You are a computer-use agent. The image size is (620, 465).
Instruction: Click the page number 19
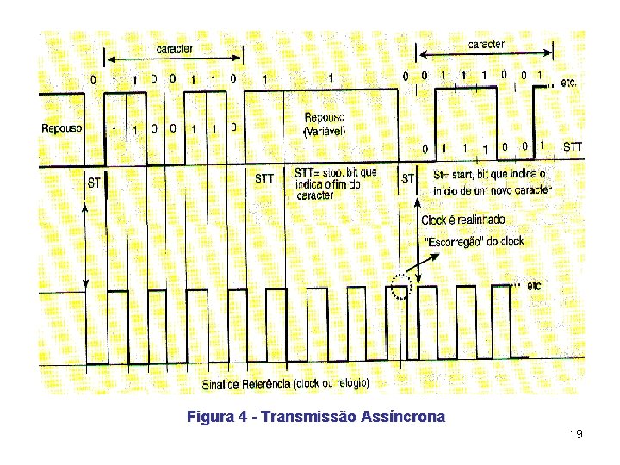pos(577,434)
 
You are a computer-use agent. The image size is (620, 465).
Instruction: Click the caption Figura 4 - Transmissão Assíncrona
pos(316,418)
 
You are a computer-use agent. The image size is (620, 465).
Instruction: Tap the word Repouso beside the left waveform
pos(62,128)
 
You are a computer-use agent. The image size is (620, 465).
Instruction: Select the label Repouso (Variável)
pos(325,124)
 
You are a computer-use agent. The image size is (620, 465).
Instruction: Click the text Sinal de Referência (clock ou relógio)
pos(285,382)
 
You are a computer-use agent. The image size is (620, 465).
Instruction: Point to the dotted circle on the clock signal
pos(402,286)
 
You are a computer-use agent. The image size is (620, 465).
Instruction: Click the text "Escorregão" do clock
pos(472,240)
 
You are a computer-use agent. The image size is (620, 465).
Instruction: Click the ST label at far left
pos(95,183)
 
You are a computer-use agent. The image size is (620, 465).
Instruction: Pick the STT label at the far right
pos(572,147)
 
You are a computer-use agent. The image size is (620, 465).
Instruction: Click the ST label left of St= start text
pos(408,178)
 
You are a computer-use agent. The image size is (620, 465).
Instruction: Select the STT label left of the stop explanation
pos(264,178)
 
